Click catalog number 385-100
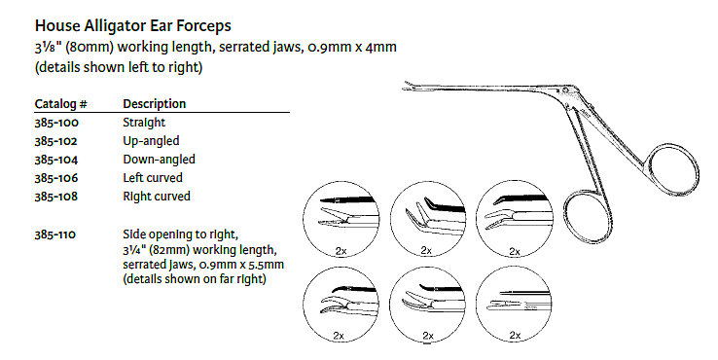(x=56, y=123)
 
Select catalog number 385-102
(x=56, y=141)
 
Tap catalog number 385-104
(x=56, y=160)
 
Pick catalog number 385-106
(x=56, y=178)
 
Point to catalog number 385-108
(x=56, y=197)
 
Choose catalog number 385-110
(x=55, y=234)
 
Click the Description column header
(x=155, y=104)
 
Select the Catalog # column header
(x=60, y=104)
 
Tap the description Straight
(x=144, y=123)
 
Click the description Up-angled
(x=151, y=141)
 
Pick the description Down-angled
(x=159, y=160)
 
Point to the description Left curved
(x=153, y=178)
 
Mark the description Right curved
(x=156, y=197)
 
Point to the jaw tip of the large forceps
(x=405, y=86)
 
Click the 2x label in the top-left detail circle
(x=341, y=251)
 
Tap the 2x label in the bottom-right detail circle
(x=515, y=336)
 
